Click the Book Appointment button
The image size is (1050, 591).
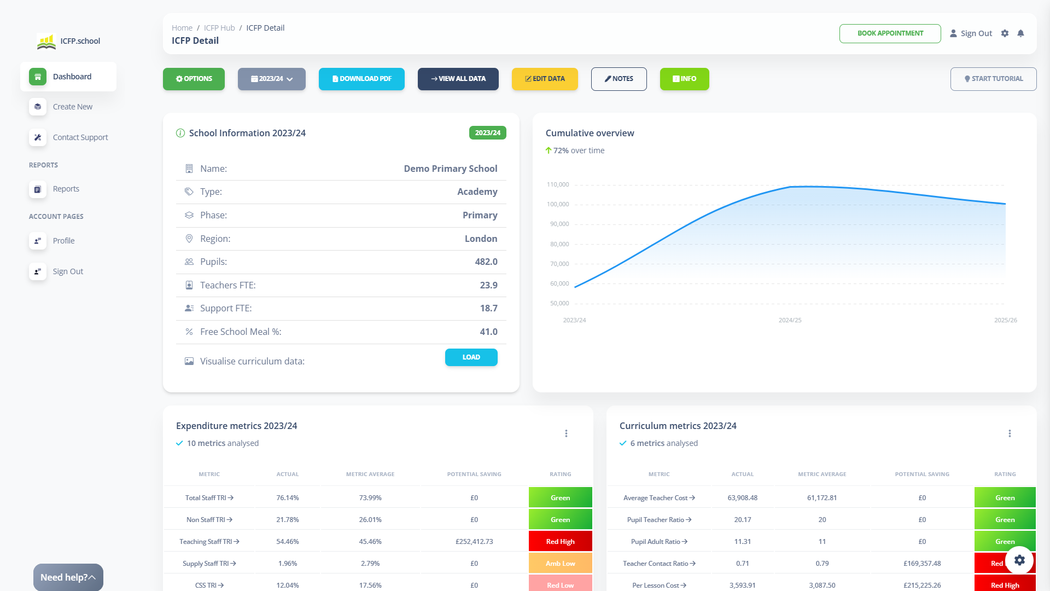click(x=890, y=33)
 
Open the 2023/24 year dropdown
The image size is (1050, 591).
click(x=272, y=79)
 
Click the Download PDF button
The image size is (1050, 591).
click(x=361, y=79)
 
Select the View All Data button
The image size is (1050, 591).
click(x=458, y=79)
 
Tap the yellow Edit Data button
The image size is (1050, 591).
click(x=545, y=79)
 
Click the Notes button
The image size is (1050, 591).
click(x=619, y=79)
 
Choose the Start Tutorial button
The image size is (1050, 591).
click(x=993, y=79)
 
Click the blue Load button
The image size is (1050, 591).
click(x=471, y=357)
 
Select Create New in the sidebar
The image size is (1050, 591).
click(x=72, y=107)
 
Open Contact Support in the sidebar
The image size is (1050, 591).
click(x=80, y=137)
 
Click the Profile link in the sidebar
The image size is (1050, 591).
click(x=63, y=241)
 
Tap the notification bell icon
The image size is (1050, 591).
click(x=1020, y=33)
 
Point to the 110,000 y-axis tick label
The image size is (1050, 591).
click(x=558, y=184)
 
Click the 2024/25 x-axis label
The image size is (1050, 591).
click(x=790, y=320)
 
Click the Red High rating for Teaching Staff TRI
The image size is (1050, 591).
click(x=560, y=542)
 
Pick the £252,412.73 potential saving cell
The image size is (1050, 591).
click(x=474, y=542)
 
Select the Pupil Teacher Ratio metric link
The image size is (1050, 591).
click(x=659, y=520)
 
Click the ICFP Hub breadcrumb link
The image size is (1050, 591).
click(x=219, y=28)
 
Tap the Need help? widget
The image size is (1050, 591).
click(x=68, y=577)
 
